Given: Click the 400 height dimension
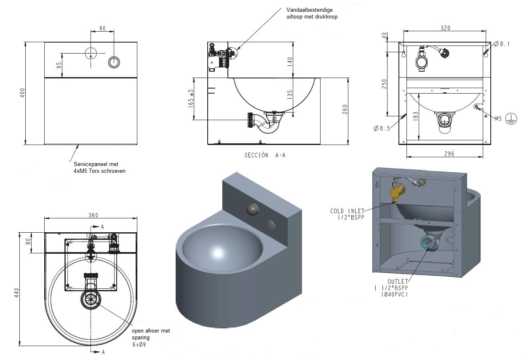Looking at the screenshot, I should point(23,93).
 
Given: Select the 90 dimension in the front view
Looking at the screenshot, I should point(102,28).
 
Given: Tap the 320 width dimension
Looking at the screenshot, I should point(445,28).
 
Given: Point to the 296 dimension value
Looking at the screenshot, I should point(449,154).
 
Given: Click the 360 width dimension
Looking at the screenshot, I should point(93,215).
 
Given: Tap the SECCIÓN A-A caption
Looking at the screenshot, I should point(265,155).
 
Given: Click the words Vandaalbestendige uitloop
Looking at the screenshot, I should point(311,13).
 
